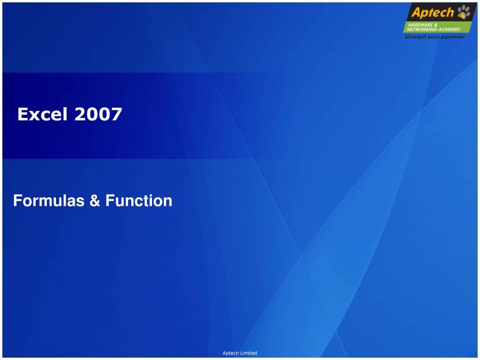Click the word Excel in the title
pyautogui.click(x=42, y=114)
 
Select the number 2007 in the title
pyautogui.click(x=98, y=114)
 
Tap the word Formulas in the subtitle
pyautogui.click(x=49, y=201)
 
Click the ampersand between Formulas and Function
pyautogui.click(x=95, y=201)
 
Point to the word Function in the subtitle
pyautogui.click(x=139, y=201)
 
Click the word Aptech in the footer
pyautogui.click(x=230, y=353)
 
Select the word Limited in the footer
pyautogui.click(x=248, y=353)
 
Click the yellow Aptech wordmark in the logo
pyautogui.click(x=433, y=13)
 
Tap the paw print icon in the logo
pyautogui.click(x=464, y=12)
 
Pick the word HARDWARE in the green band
pyautogui.click(x=420, y=25)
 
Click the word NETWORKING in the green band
pyautogui.click(x=419, y=29)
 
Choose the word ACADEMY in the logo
pyautogui.click(x=447, y=29)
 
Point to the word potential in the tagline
pyautogui.click(x=452, y=37)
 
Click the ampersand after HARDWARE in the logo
pyautogui.click(x=436, y=25)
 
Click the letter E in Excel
pyautogui.click(x=22, y=114)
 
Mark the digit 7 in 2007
pyautogui.click(x=117, y=114)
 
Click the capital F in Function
pyautogui.click(x=110, y=201)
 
